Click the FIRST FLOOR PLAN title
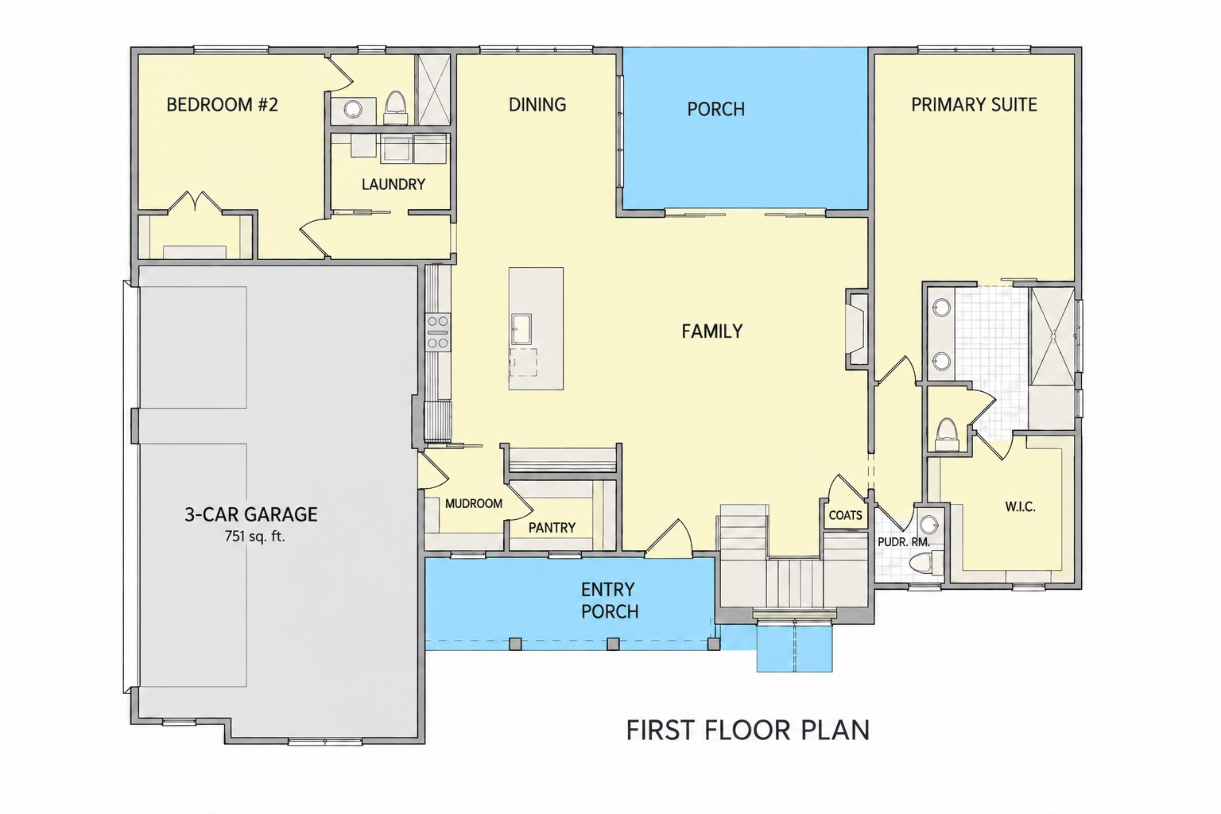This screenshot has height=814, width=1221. tap(747, 730)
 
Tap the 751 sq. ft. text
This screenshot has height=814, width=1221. tap(254, 537)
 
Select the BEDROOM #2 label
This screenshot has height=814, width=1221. tap(222, 104)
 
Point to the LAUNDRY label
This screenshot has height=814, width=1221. tap(393, 184)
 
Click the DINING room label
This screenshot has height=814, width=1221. tap(537, 104)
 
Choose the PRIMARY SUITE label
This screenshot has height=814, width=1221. tap(974, 104)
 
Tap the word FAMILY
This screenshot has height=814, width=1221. tap(712, 331)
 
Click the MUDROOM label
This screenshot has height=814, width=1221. tap(474, 503)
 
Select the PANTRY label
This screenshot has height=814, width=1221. tap(552, 527)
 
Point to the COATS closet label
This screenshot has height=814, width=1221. tap(846, 515)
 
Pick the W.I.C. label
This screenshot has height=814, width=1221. tap(1020, 507)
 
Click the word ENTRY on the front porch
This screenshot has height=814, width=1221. tap(608, 589)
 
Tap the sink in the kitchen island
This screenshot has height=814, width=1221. tap(521, 329)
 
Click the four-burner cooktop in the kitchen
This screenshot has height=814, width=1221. tap(438, 332)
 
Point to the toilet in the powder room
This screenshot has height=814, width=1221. tap(927, 563)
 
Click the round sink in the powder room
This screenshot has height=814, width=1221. tap(928, 525)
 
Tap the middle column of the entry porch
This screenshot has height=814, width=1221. tap(613, 644)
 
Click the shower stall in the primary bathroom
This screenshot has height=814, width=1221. tap(1052, 336)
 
